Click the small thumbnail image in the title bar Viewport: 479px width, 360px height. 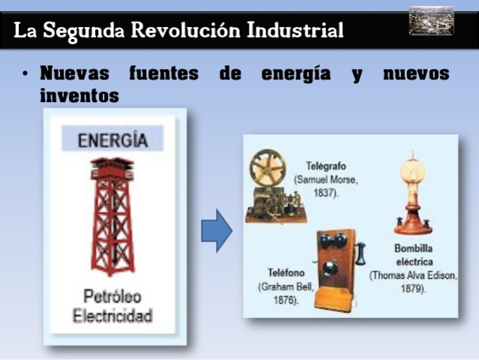[431, 22]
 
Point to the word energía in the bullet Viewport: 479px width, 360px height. [295, 74]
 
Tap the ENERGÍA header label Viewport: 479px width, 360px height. [112, 140]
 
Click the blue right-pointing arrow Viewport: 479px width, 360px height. [217, 231]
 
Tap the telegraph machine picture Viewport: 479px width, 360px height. [271, 187]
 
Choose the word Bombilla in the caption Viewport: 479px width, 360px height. [413, 247]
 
